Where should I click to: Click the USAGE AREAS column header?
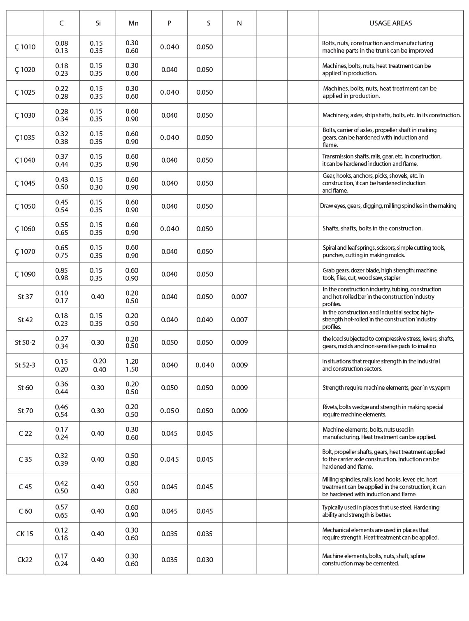[x=390, y=23]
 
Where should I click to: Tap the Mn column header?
[x=133, y=23]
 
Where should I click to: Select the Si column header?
[x=98, y=23]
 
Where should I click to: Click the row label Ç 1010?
[x=25, y=47]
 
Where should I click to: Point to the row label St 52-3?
[x=25, y=365]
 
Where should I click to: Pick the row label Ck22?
[x=25, y=560]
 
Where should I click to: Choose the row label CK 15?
[x=25, y=534]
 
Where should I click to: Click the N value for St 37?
[x=239, y=297]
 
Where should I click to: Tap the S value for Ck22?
[x=204, y=560]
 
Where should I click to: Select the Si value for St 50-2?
[x=98, y=342]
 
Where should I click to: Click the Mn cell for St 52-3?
[x=132, y=365]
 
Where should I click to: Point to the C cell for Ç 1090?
[x=62, y=274]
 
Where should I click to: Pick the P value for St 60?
[x=169, y=388]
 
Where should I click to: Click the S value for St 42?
[x=204, y=320]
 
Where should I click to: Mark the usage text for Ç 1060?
[x=372, y=228]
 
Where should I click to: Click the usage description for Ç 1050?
[x=388, y=206]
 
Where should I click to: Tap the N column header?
[x=239, y=23]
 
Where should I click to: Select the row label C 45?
[x=25, y=487]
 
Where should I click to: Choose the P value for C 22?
[x=169, y=433]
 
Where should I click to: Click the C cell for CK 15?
[x=62, y=534]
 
